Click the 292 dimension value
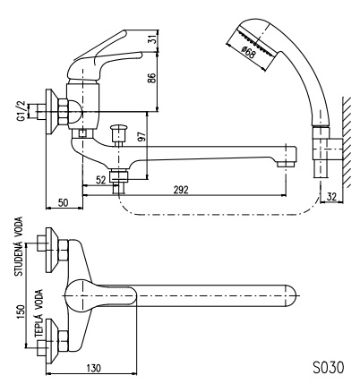point(181,190)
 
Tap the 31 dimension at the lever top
point(152,40)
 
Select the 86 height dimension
point(152,78)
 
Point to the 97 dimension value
point(142,136)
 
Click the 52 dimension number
point(101,180)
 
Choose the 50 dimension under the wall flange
point(63,203)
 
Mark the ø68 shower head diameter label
point(248,53)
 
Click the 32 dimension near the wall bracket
point(331,197)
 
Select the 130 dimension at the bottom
point(93,368)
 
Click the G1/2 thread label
point(21,111)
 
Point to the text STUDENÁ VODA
point(19,246)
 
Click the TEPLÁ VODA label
point(39,313)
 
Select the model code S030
point(329,367)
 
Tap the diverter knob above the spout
point(119,133)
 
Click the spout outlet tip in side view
point(286,164)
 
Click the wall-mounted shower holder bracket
point(328,149)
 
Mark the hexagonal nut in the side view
point(64,112)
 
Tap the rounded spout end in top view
point(292,296)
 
